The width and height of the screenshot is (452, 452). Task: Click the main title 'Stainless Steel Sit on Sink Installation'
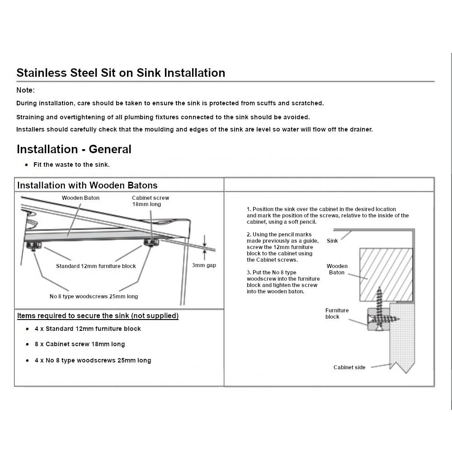121,73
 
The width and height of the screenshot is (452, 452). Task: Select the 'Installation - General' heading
74,149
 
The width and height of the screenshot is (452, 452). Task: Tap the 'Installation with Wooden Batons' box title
87,185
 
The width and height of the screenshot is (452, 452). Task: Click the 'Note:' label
25,90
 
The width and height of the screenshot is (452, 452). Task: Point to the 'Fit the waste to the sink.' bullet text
71,165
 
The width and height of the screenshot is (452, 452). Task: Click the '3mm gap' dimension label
204,265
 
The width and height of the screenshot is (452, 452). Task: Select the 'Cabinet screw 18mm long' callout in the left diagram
151,201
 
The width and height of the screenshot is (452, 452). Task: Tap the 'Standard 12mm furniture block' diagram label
96,266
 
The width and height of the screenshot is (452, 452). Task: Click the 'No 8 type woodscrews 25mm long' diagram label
94,297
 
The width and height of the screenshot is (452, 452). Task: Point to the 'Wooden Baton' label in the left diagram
81,198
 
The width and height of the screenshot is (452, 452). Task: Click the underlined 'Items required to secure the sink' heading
98,315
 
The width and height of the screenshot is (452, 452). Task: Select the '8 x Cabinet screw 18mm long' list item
80,344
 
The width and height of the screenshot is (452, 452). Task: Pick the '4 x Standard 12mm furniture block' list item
88,329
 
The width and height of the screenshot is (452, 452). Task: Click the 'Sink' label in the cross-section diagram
332,241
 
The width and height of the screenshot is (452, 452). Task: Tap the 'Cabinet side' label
349,367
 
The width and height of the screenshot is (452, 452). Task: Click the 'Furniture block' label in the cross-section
337,313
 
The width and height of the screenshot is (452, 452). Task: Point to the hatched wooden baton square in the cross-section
386,275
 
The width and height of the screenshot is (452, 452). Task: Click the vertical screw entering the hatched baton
379,308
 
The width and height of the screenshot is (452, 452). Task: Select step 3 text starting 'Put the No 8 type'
283,282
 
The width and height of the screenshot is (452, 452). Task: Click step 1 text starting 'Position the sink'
328,215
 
